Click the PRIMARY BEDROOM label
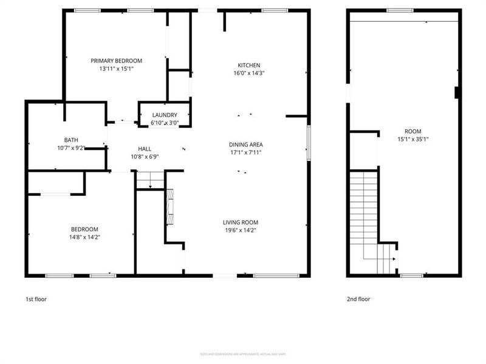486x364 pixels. [116, 61]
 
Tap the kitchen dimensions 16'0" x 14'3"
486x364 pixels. [248, 73]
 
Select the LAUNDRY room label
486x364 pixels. [165, 115]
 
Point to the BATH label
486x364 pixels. [71, 140]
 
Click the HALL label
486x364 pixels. [145, 149]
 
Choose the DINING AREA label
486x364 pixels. [245, 144]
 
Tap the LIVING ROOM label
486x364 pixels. [241, 223]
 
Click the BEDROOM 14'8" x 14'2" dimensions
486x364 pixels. [84, 237]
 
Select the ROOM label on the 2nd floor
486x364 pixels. [412, 132]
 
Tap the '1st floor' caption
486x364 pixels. [36, 299]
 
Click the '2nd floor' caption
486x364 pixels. [358, 299]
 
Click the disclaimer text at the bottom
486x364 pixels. [243, 354]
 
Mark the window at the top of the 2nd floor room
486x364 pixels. [400, 10]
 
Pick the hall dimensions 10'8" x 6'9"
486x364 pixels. [145, 156]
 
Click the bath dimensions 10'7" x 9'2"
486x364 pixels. [71, 147]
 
